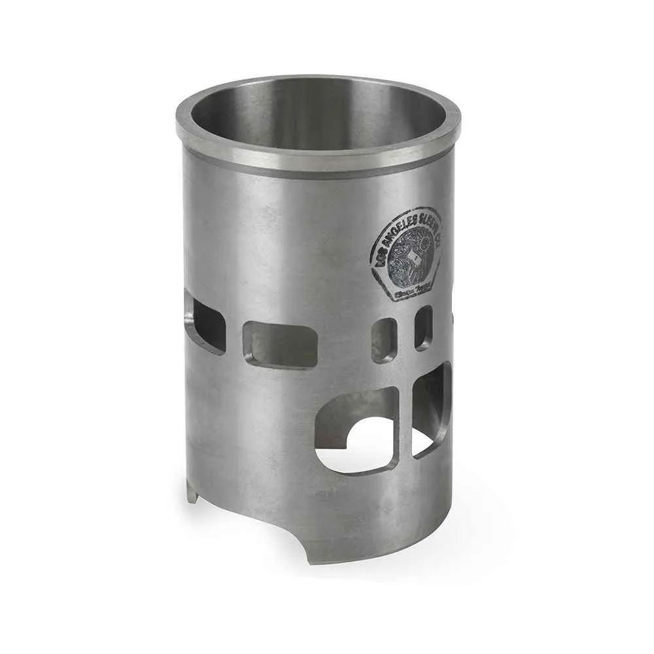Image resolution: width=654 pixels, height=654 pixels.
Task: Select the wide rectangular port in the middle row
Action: tap(280, 344)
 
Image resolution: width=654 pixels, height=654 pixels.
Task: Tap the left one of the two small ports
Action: tap(384, 339)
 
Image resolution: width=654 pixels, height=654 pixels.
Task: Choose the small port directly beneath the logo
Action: tap(424, 327)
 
